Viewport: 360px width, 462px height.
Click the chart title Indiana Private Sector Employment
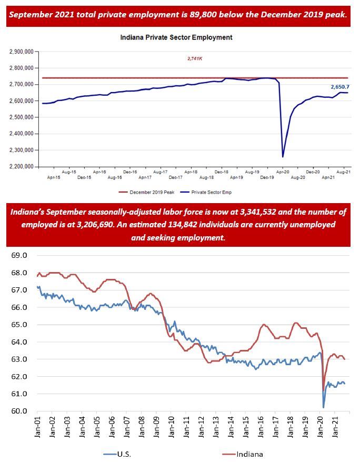tap(176, 37)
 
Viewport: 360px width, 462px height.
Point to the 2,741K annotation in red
tap(195, 59)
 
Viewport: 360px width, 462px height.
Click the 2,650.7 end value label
tap(340, 86)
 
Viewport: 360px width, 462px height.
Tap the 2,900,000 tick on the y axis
tap(22, 52)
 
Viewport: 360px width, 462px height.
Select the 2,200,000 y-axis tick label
tap(22, 167)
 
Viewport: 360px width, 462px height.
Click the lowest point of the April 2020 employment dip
tap(283, 156)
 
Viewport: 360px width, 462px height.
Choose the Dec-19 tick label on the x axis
tap(267, 178)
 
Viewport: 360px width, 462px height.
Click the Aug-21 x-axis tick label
tap(344, 172)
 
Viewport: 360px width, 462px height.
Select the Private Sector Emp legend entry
tap(208, 193)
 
